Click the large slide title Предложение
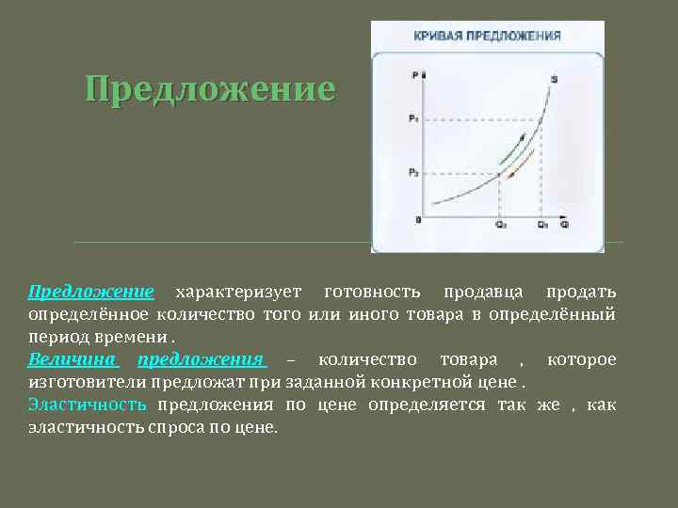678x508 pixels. click(x=209, y=89)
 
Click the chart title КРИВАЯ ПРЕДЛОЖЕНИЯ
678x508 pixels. click(x=488, y=36)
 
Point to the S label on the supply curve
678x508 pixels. click(x=554, y=79)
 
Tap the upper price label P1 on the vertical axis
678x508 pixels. click(x=413, y=119)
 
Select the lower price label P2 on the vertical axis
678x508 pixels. click(x=413, y=173)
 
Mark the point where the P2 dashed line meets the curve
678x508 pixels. click(x=499, y=173)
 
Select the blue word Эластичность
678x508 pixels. click(x=88, y=405)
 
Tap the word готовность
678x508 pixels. click(x=366, y=292)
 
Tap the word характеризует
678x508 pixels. click(x=235, y=292)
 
